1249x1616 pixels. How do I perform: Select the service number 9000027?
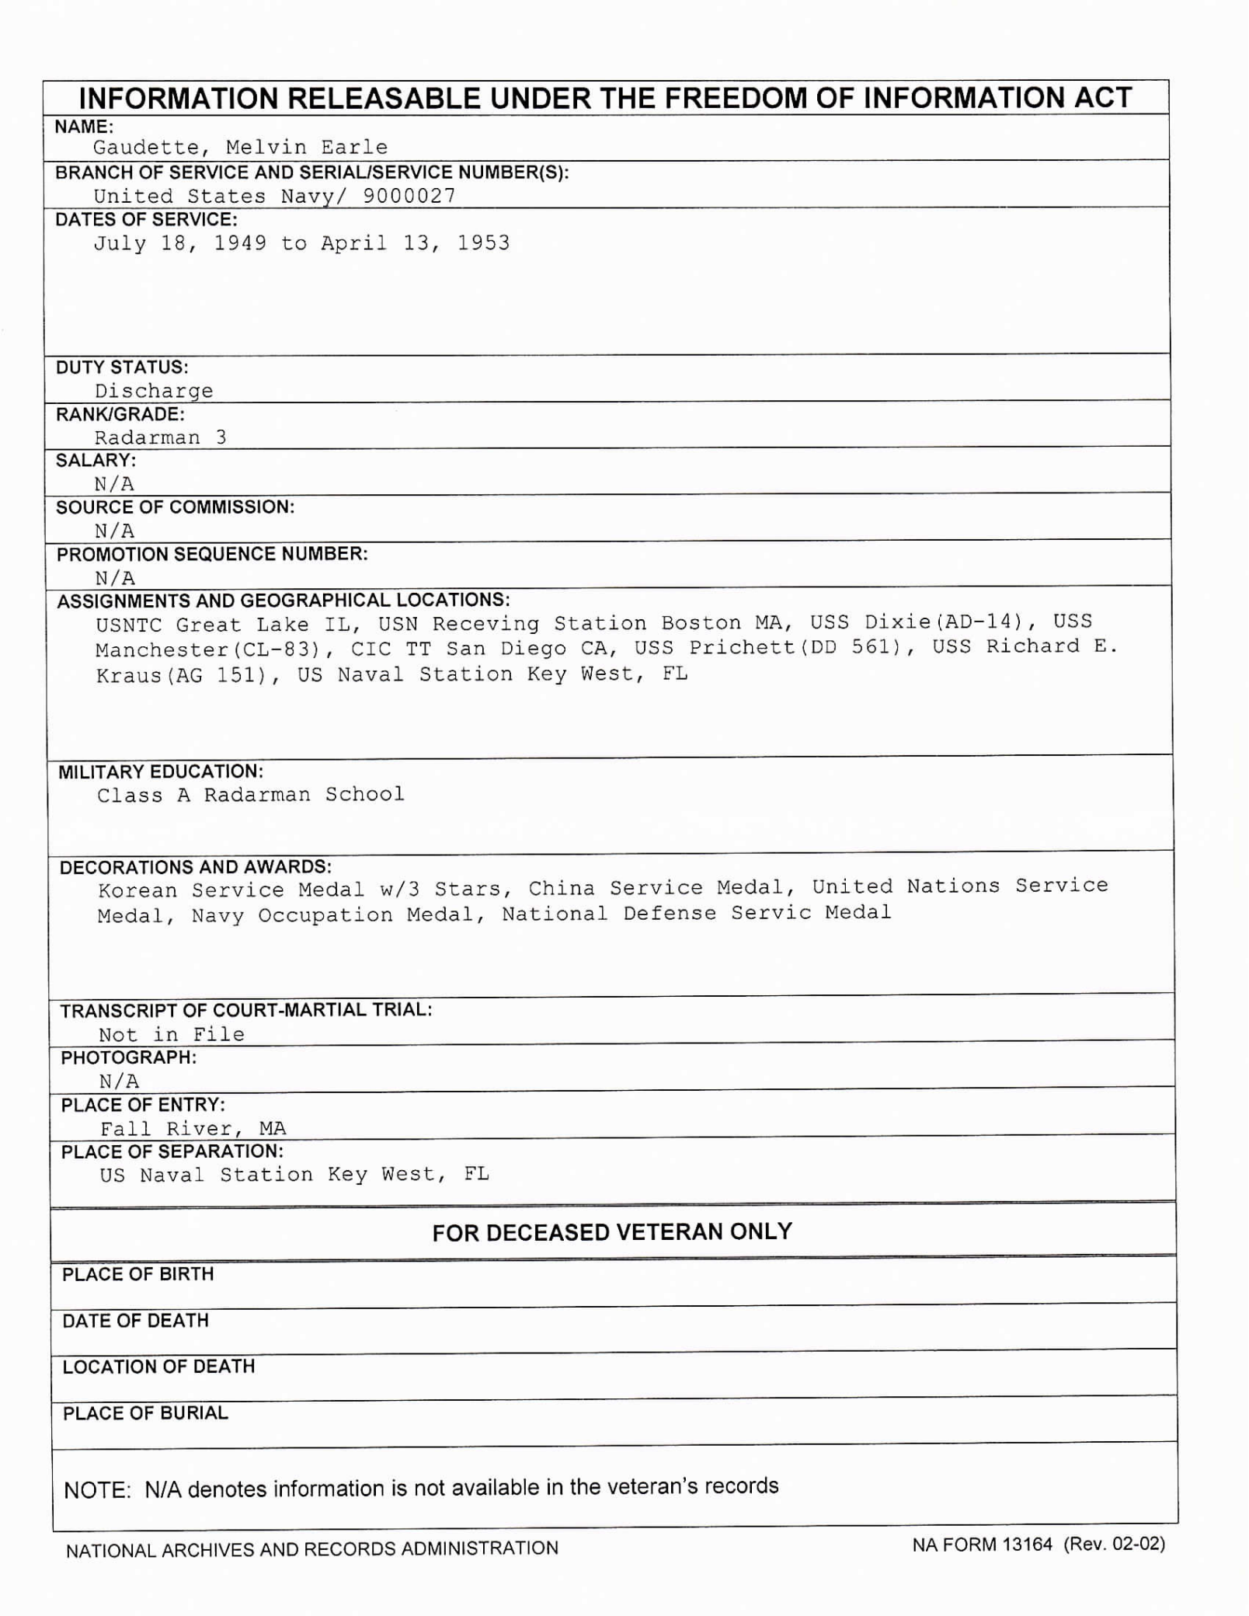(409, 196)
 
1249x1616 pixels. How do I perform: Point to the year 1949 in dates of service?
(240, 243)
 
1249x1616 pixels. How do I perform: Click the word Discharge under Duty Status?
(154, 391)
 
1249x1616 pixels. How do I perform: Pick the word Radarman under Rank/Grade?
(147, 437)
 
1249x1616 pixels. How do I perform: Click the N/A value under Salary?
(114, 484)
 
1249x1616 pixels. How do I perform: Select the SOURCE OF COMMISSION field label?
(175, 507)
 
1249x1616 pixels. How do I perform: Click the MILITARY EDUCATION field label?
(161, 771)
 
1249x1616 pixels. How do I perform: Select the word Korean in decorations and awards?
(137, 890)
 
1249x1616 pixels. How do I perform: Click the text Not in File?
(171, 1035)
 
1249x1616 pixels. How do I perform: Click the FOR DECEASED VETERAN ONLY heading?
(612, 1232)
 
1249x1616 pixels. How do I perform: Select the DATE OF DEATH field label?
(135, 1321)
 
